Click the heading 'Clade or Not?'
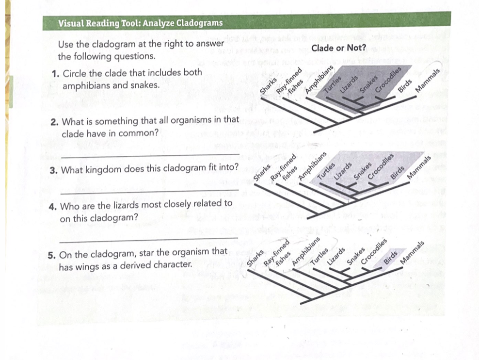pos(338,48)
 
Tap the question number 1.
pos(55,74)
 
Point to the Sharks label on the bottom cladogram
pos(255,258)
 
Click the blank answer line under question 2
pos(150,156)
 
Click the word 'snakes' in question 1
pos(145,85)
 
